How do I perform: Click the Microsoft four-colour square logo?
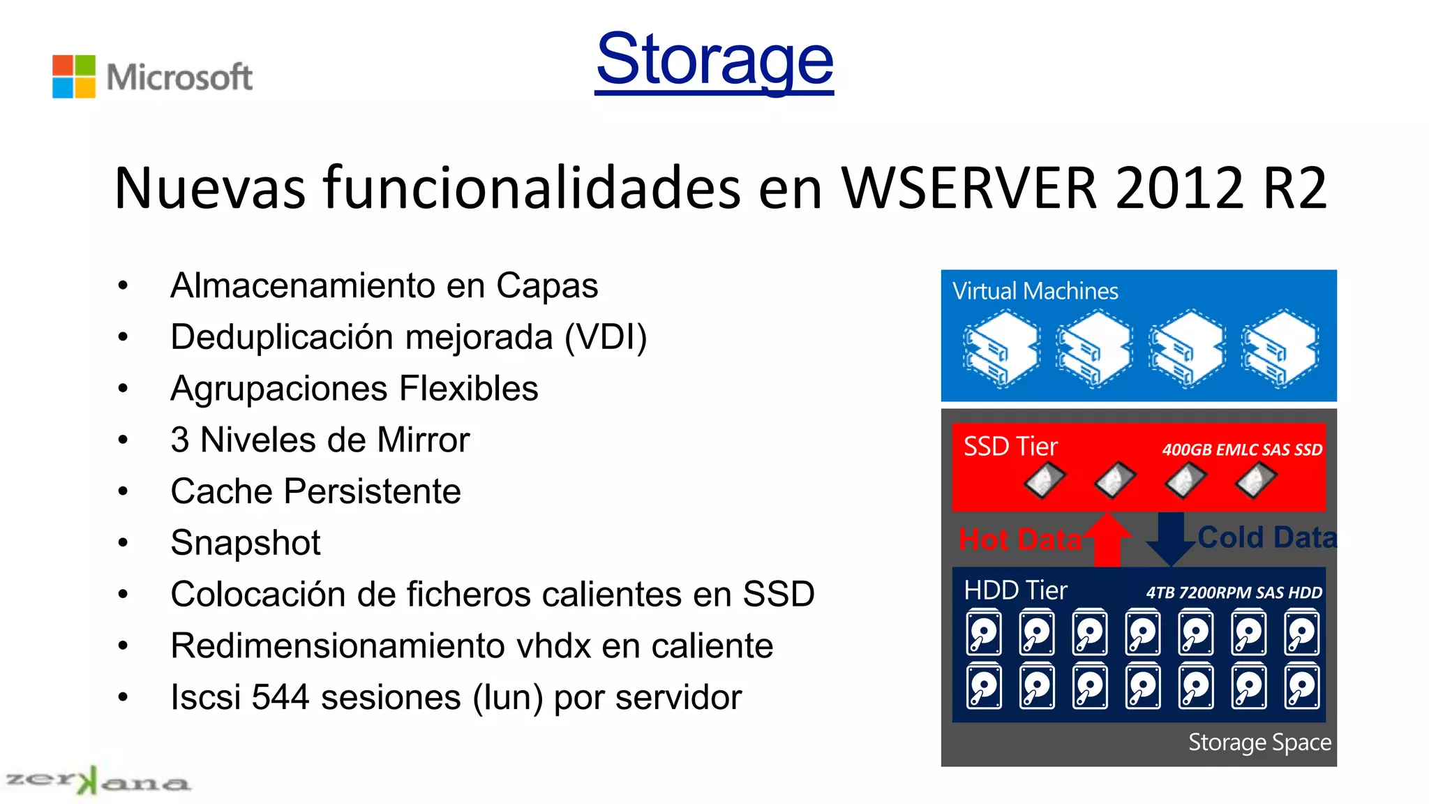(74, 76)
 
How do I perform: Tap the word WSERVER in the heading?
(969, 188)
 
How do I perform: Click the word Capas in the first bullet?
(547, 285)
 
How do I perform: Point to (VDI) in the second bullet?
(606, 337)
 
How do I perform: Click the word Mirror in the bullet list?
(423, 440)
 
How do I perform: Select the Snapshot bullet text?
(246, 543)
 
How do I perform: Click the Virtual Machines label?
(1035, 291)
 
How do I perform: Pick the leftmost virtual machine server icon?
(1002, 348)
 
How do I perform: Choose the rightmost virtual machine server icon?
(1280, 348)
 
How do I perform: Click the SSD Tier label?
(1010, 447)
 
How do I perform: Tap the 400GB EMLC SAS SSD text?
(1242, 450)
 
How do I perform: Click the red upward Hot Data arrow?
(1107, 540)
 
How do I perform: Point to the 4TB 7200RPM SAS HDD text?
(1234, 593)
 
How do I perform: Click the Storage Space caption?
(1259, 743)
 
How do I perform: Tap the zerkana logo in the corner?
(97, 781)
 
